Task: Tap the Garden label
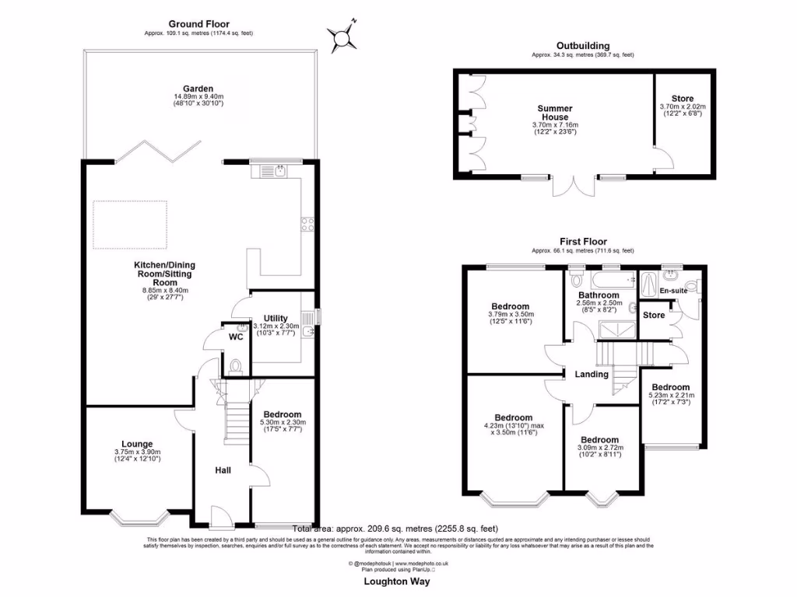tap(198, 89)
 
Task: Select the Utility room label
tap(276, 318)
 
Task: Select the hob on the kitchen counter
tap(307, 226)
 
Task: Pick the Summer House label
tap(555, 113)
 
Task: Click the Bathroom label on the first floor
tap(599, 295)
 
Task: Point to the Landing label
tap(592, 374)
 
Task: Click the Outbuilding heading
tap(582, 46)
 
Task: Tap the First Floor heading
tap(582, 242)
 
